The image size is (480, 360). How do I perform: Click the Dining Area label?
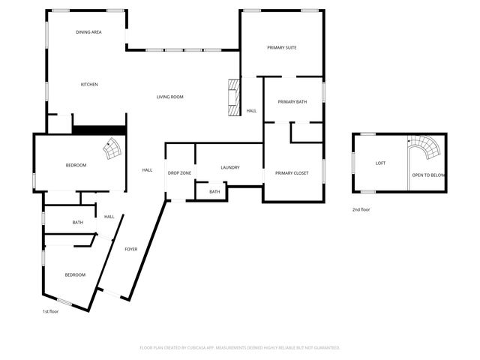(88, 33)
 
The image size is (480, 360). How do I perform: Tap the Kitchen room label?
(89, 85)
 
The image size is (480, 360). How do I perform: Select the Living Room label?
(169, 97)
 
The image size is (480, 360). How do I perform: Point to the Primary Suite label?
(282, 48)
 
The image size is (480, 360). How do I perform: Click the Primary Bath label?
(292, 102)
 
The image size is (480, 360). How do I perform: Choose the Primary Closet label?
(292, 173)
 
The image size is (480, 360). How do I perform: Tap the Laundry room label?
(229, 167)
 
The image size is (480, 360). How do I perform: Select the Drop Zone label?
(179, 173)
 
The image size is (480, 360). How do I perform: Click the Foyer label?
(130, 249)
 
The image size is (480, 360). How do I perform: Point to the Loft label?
(380, 163)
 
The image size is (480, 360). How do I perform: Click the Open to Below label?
(428, 175)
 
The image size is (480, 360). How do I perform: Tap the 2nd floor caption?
(361, 210)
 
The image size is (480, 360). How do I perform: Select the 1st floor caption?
(50, 311)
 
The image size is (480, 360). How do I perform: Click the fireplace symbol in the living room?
(234, 97)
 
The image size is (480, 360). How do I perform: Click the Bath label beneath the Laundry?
(214, 192)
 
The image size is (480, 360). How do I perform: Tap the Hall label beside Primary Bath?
(251, 111)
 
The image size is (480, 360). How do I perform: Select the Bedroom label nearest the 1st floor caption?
(74, 275)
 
